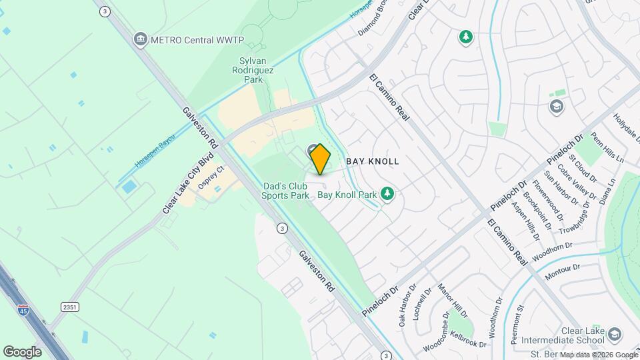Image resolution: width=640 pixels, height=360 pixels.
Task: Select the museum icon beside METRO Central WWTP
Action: [140, 39]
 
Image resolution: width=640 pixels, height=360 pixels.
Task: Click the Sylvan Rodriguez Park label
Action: [252, 69]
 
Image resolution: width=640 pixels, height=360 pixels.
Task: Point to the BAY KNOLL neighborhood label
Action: [373, 161]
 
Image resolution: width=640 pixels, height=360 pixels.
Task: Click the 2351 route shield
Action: [70, 306]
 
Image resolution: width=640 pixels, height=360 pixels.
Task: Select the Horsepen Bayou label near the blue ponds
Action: [150, 154]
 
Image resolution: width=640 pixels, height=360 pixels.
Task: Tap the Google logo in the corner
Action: [22, 351]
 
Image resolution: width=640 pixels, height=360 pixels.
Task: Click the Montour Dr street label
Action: [563, 271]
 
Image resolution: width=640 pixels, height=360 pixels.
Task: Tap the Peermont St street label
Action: [518, 325]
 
